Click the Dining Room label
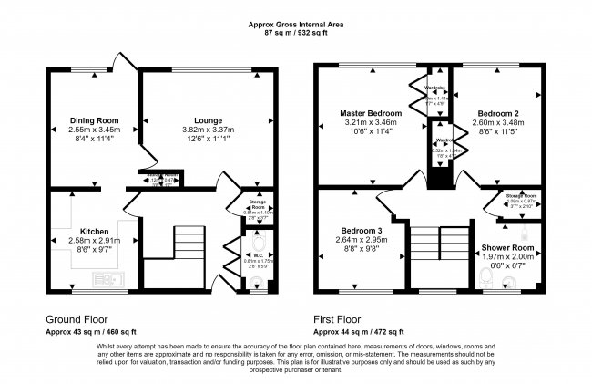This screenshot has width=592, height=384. [x=95, y=119]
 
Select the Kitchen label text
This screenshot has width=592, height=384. [x=95, y=232]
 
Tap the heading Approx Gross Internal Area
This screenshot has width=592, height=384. [x=295, y=25]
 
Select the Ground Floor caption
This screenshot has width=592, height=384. [x=77, y=320]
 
